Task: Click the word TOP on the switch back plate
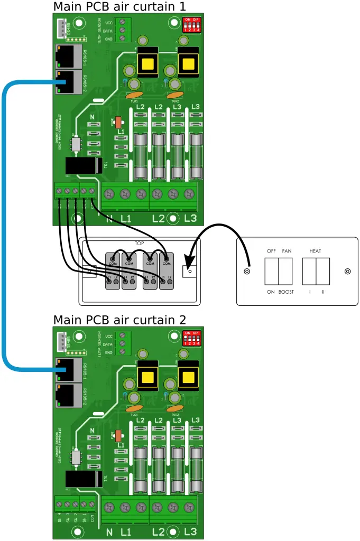click(x=140, y=244)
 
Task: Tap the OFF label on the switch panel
click(x=271, y=251)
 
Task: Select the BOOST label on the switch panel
click(x=285, y=292)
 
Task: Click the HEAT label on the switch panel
click(x=315, y=251)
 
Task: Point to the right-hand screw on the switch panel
click(x=347, y=272)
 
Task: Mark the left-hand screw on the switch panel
click(x=246, y=272)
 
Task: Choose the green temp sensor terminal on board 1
click(x=123, y=31)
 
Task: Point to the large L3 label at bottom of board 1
click(x=190, y=218)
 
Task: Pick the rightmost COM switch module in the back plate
click(x=167, y=270)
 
